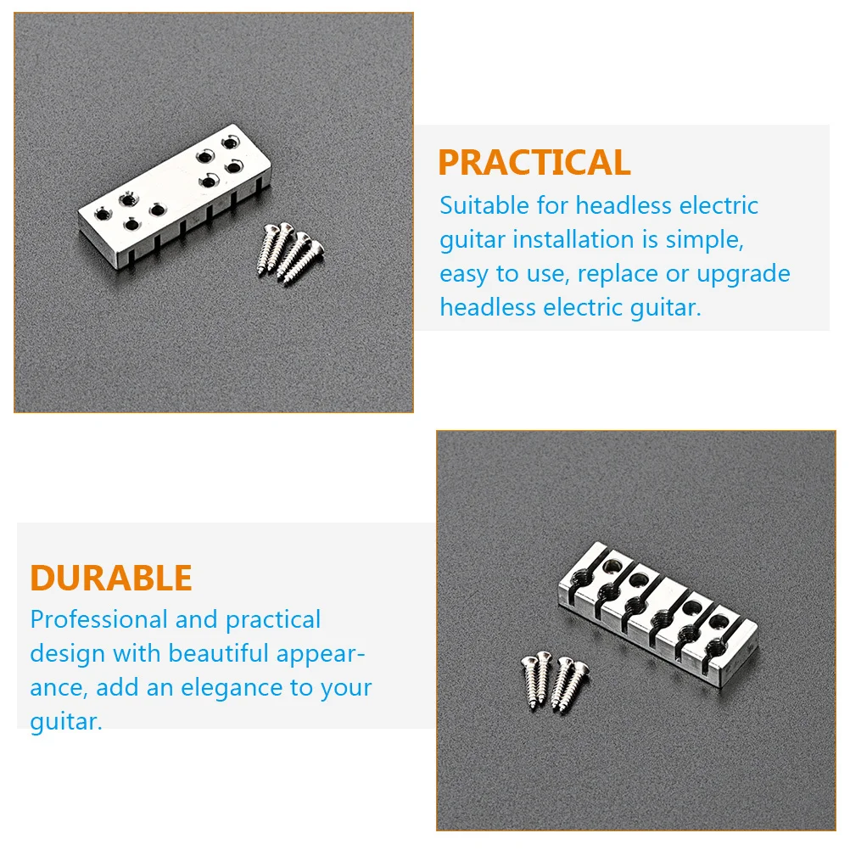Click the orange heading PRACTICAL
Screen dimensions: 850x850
click(534, 163)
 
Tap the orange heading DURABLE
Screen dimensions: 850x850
click(111, 578)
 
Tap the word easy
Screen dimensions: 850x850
click(465, 274)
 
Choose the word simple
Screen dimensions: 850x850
click(703, 239)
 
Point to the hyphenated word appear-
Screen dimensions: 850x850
click(321, 654)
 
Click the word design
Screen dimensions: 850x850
click(68, 654)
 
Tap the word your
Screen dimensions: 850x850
click(346, 687)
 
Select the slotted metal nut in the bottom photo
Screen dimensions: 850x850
click(657, 617)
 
